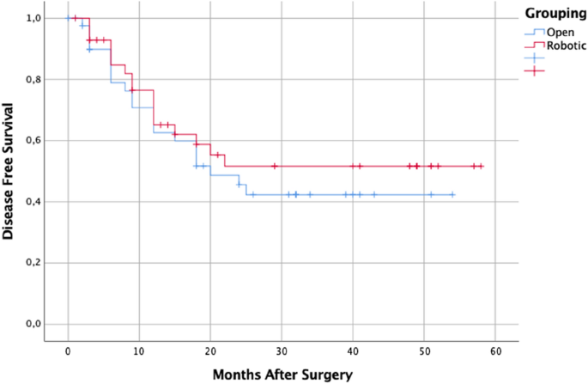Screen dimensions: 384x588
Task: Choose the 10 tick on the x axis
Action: tap(139, 352)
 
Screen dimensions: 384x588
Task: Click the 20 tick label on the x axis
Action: tap(210, 352)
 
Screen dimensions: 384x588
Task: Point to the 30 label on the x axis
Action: tap(282, 352)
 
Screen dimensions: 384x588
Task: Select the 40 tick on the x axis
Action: tap(353, 352)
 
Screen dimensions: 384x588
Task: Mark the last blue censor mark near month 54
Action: tap(452, 195)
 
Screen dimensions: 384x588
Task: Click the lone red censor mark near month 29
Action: tap(275, 166)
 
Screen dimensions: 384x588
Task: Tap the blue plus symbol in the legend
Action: tap(534, 58)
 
